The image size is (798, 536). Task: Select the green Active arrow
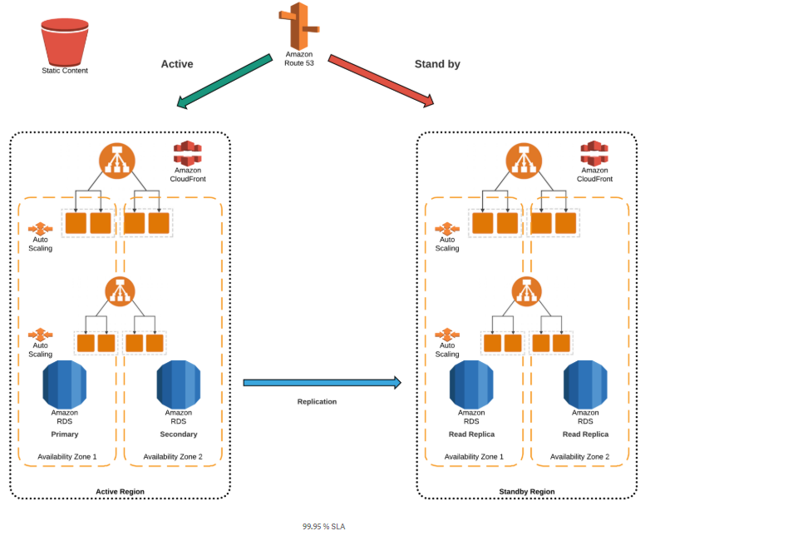pyautogui.click(x=224, y=82)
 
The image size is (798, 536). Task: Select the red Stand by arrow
pyautogui.click(x=382, y=81)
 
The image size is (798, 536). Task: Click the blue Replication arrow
pyautogui.click(x=322, y=383)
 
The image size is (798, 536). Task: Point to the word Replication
pyautogui.click(x=317, y=401)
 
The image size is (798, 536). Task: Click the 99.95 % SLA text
pyautogui.click(x=323, y=526)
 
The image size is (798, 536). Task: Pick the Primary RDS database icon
pyautogui.click(x=64, y=384)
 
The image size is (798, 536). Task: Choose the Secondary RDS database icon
pyautogui.click(x=178, y=384)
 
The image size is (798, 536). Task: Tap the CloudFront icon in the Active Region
pyautogui.click(x=188, y=152)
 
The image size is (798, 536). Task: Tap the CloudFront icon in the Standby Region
pyautogui.click(x=594, y=152)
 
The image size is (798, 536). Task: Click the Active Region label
pyautogui.click(x=120, y=492)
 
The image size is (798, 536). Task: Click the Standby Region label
pyautogui.click(x=526, y=492)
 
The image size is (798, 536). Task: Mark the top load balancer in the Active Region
pyautogui.click(x=117, y=161)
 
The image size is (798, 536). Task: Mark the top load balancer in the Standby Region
pyautogui.click(x=524, y=161)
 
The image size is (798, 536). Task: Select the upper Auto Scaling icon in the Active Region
pyautogui.click(x=40, y=228)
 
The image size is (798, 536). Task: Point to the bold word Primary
pyautogui.click(x=64, y=434)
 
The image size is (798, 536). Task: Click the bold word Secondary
pyautogui.click(x=179, y=434)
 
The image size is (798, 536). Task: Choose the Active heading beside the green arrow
pyautogui.click(x=177, y=64)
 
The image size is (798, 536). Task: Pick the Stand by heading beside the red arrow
pyautogui.click(x=437, y=64)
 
